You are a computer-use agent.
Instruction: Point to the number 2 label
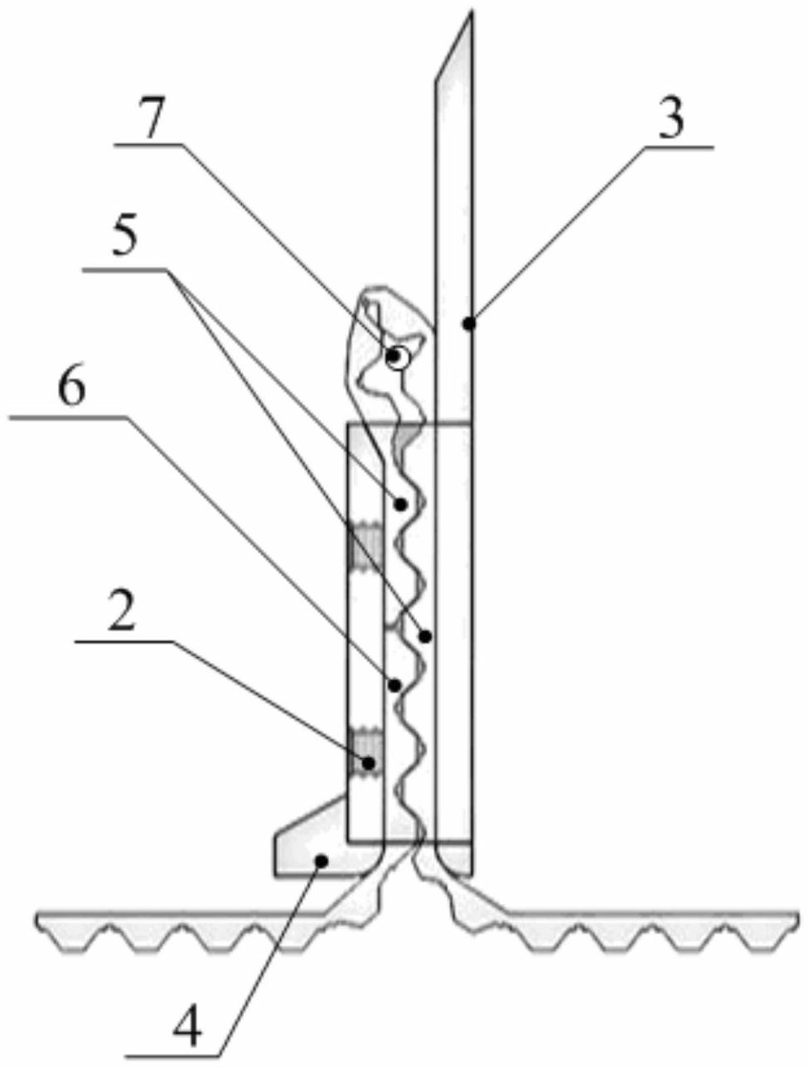[121, 614]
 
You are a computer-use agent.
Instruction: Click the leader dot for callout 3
[468, 323]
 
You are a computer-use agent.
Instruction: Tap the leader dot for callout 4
[320, 862]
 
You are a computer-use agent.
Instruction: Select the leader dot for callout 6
[395, 685]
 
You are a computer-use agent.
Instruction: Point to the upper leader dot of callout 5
[401, 504]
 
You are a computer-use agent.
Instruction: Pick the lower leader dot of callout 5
[426, 636]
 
